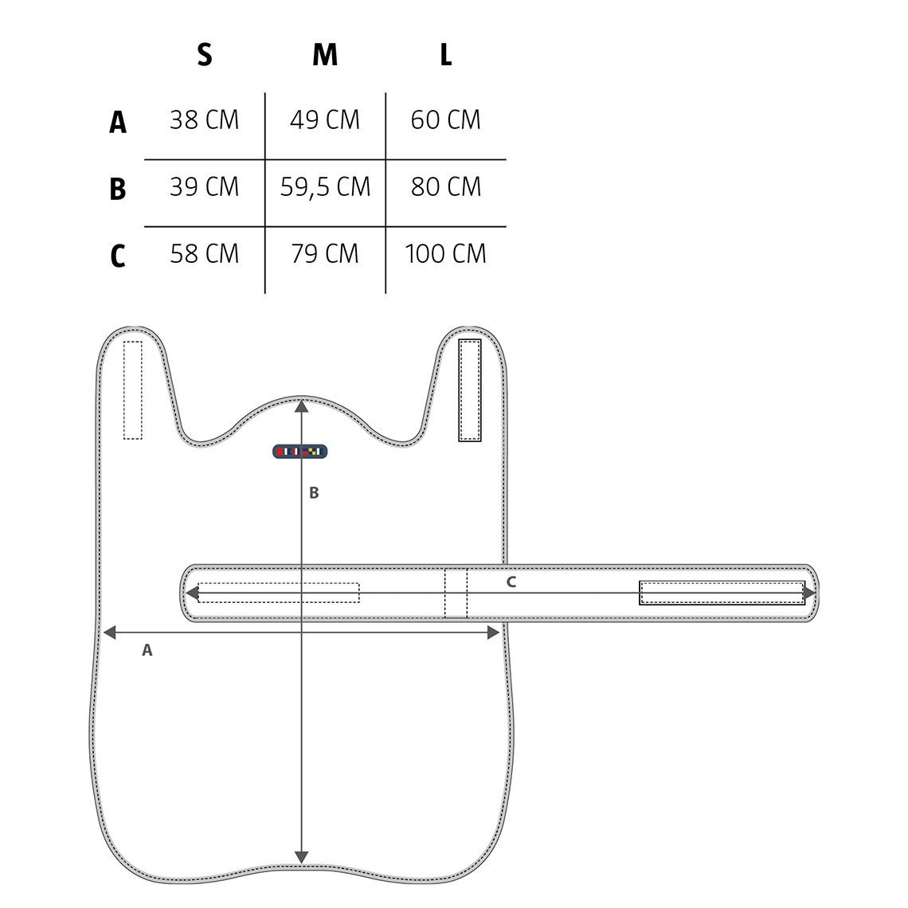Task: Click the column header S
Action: [x=205, y=55]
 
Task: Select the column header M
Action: [x=325, y=55]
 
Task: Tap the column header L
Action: [x=446, y=55]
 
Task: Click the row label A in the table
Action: [x=118, y=122]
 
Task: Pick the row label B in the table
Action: [x=118, y=189]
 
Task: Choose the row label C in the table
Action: [x=118, y=256]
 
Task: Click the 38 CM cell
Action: [x=205, y=119]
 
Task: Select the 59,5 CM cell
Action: [x=325, y=186]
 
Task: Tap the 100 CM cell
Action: [x=445, y=253]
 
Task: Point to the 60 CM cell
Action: [x=445, y=119]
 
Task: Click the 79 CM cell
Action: [x=325, y=253]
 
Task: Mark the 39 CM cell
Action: [x=205, y=186]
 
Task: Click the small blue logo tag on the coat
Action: [x=300, y=451]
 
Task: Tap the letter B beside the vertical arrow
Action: [x=314, y=493]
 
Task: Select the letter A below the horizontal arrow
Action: [x=147, y=650]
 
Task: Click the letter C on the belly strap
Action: [x=511, y=582]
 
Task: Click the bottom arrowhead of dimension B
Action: [x=301, y=856]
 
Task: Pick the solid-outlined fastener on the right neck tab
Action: [x=470, y=390]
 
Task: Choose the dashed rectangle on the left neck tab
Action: [x=132, y=389]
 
